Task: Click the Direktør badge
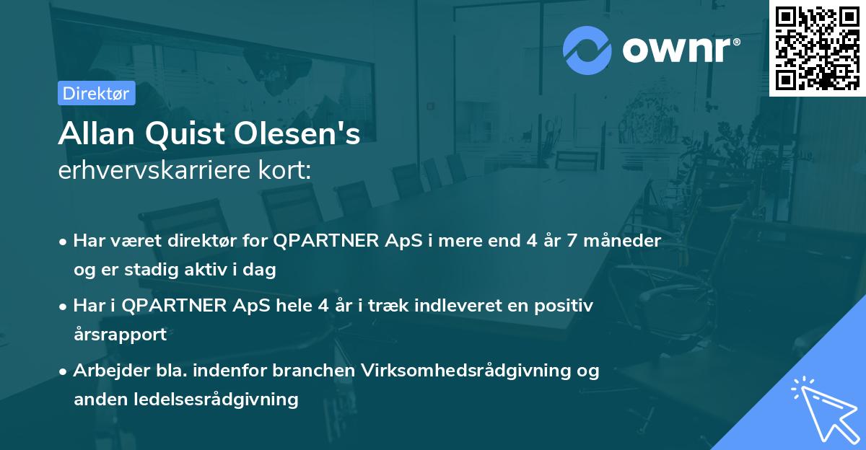click(96, 93)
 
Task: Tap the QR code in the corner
click(818, 48)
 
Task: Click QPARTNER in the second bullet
click(172, 306)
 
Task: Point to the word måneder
click(621, 241)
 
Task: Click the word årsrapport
click(120, 334)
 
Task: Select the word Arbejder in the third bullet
click(105, 371)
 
